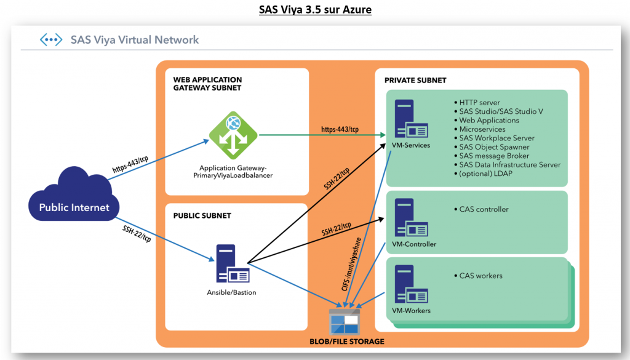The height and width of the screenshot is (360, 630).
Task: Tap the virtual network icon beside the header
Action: [51, 40]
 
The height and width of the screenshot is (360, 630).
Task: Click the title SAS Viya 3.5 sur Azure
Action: [314, 10]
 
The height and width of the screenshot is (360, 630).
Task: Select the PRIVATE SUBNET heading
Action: [415, 81]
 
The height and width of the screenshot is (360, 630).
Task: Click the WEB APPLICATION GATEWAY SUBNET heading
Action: [207, 84]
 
